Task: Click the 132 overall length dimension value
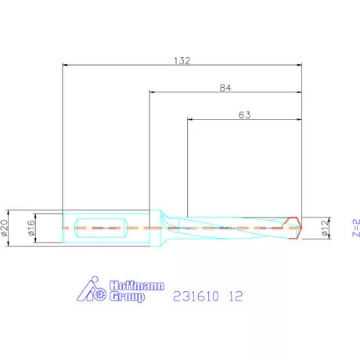pyautogui.click(x=182, y=59)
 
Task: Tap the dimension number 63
pyautogui.click(x=244, y=115)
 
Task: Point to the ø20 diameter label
pyautogui.click(x=7, y=227)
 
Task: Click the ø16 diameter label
pyautogui.click(x=31, y=227)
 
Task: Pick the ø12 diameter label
pyautogui.click(x=324, y=228)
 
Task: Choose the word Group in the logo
pyautogui.click(x=128, y=297)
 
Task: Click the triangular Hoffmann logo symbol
pyautogui.click(x=93, y=290)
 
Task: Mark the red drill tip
pyautogui.click(x=296, y=227)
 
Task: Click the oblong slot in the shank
pyautogui.click(x=103, y=227)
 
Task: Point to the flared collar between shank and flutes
pyautogui.click(x=165, y=227)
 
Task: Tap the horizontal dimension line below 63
pyautogui.click(x=244, y=121)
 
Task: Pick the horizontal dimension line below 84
pyautogui.click(x=225, y=93)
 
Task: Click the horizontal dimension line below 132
pyautogui.click(x=182, y=66)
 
